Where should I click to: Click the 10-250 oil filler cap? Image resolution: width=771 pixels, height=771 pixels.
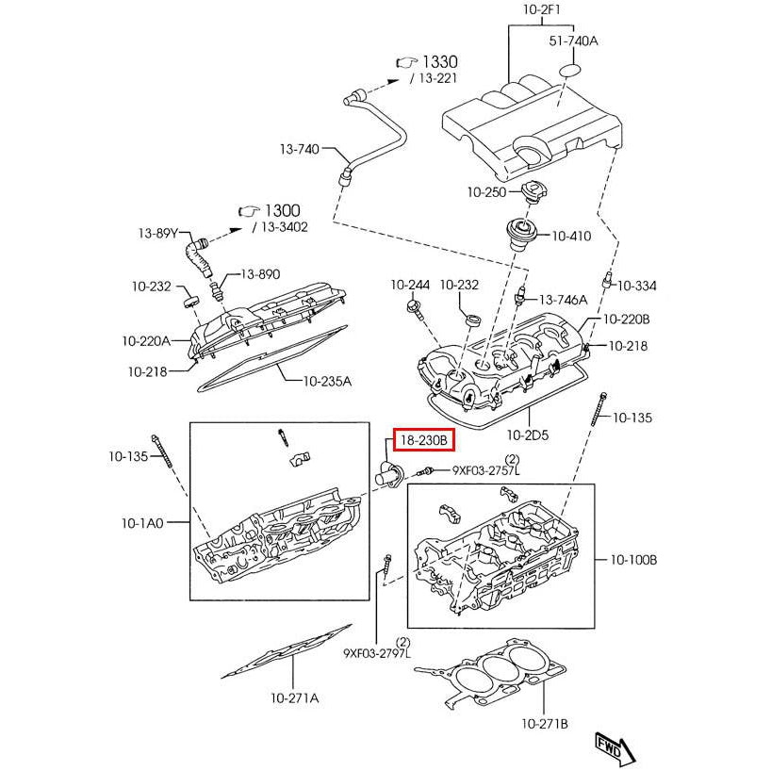point(533,193)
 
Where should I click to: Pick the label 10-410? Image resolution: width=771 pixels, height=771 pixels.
point(571,237)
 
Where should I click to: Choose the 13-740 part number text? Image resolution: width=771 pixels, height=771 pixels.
point(300,149)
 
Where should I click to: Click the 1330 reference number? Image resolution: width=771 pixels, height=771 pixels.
point(439,61)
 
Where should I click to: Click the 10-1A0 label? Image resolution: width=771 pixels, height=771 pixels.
point(141,521)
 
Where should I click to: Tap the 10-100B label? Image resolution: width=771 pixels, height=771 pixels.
point(633,560)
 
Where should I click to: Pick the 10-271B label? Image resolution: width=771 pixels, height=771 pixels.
point(545,724)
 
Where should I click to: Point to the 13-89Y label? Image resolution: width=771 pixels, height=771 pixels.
point(157,234)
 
